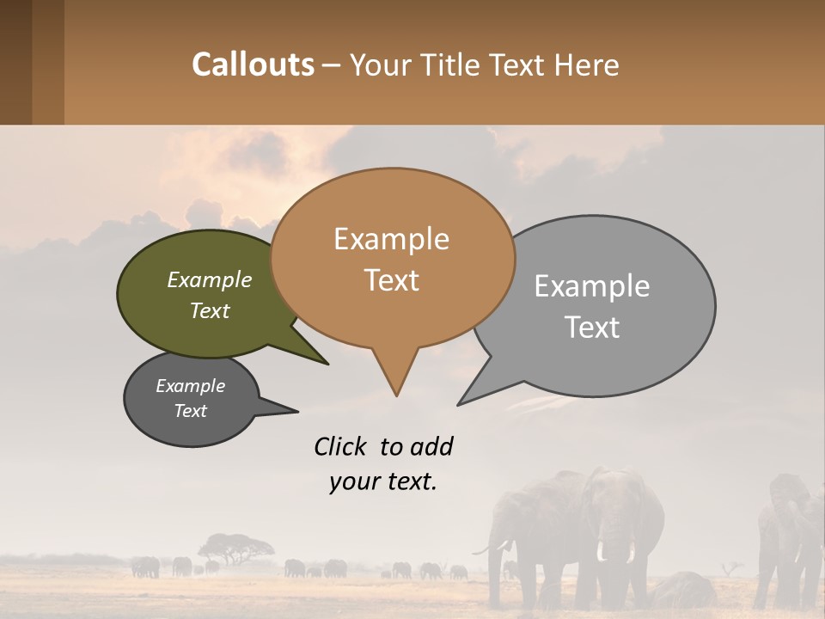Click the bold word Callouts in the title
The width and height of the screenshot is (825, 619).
pos(253,64)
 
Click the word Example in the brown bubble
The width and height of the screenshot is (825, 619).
pos(391,239)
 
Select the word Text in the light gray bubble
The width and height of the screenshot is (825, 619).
pos(592,328)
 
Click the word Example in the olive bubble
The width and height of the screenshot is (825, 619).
pos(210,280)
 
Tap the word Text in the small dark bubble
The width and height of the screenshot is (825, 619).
pos(191,411)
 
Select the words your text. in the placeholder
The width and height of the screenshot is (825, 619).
pos(383,481)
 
